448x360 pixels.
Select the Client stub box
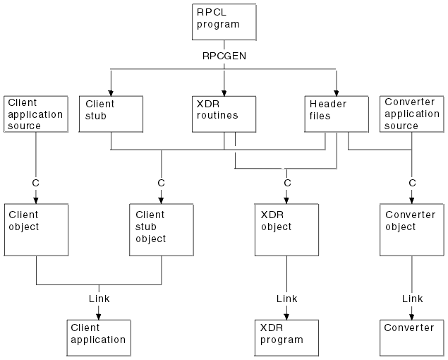[x=111, y=113]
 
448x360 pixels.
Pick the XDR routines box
[x=224, y=113]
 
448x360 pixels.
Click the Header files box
[x=337, y=113]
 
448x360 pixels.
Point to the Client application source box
[x=35, y=114]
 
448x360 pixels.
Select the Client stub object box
[x=161, y=229]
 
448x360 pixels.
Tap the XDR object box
[x=286, y=229]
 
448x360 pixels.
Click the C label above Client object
[x=35, y=182]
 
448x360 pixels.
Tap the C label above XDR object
[x=286, y=182]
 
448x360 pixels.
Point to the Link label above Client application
[x=99, y=299]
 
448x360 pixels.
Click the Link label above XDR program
[x=286, y=299]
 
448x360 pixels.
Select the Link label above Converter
[x=412, y=299]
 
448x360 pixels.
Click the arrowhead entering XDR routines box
[x=224, y=91]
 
